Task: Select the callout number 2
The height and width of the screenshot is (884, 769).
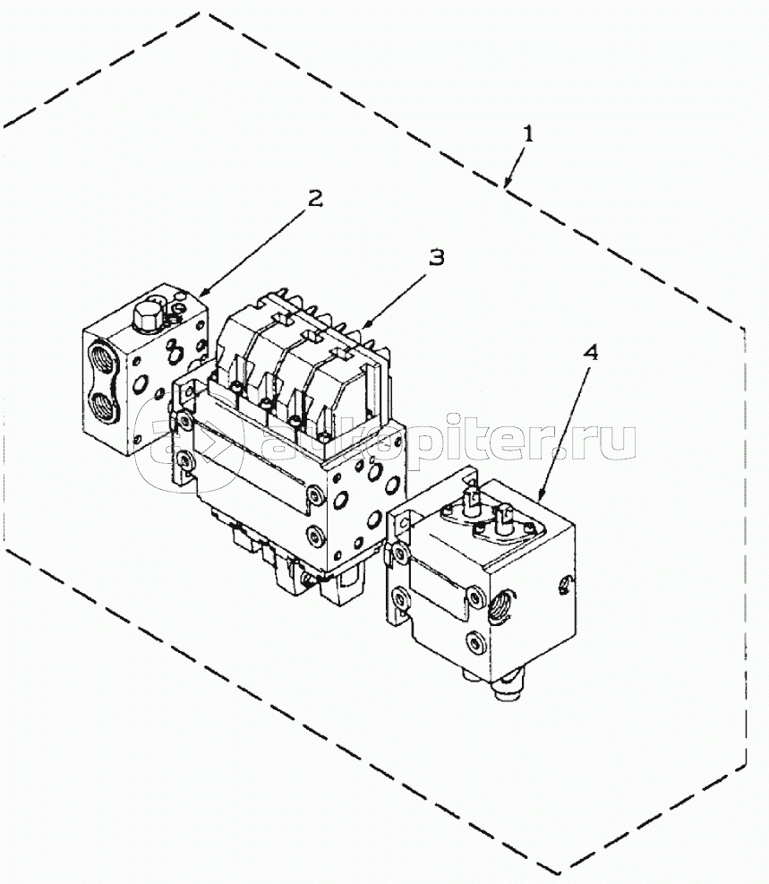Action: [314, 198]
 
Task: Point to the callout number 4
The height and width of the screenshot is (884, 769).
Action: [590, 352]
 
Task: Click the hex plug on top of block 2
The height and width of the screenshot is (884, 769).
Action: [147, 318]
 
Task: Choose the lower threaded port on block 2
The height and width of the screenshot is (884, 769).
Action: [104, 406]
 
